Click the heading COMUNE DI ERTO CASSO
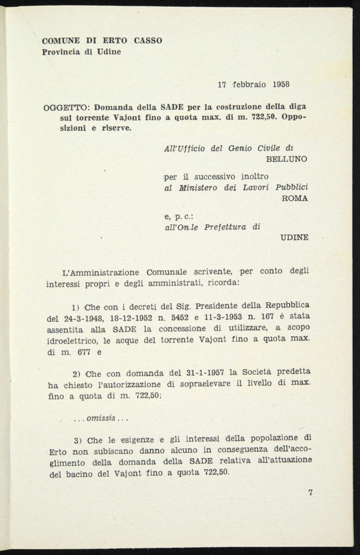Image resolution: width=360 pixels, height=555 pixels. [x=102, y=41]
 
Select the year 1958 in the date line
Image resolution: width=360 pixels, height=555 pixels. [x=281, y=84]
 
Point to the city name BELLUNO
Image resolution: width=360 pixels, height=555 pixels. [x=287, y=159]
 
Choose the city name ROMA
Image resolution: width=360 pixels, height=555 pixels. [x=295, y=198]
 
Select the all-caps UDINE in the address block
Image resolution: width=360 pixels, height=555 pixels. [x=294, y=238]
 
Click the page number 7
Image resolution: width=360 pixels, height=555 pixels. [x=310, y=492]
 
